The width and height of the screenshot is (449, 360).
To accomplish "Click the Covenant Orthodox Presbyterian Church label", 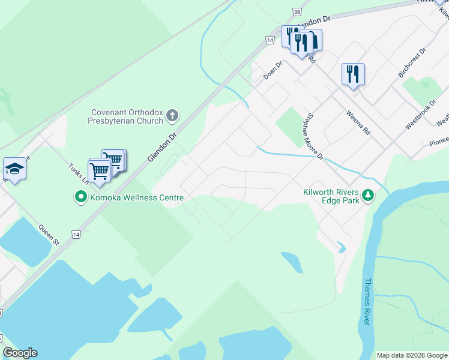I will [x=127, y=116].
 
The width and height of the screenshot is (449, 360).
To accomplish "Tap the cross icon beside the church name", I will [x=172, y=115].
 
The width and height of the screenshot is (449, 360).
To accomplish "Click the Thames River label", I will [x=367, y=301].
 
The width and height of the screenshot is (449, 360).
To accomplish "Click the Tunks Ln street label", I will [x=77, y=175].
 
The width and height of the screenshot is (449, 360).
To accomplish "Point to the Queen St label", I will [x=49, y=235].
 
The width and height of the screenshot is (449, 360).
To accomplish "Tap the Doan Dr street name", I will [x=273, y=72].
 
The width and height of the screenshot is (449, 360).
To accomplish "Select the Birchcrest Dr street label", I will [x=411, y=63].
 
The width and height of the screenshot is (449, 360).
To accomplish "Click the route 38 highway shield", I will [x=297, y=11].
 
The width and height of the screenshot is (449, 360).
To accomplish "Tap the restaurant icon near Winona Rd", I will [x=353, y=74].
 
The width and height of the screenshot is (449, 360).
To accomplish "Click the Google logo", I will [x=20, y=353].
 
